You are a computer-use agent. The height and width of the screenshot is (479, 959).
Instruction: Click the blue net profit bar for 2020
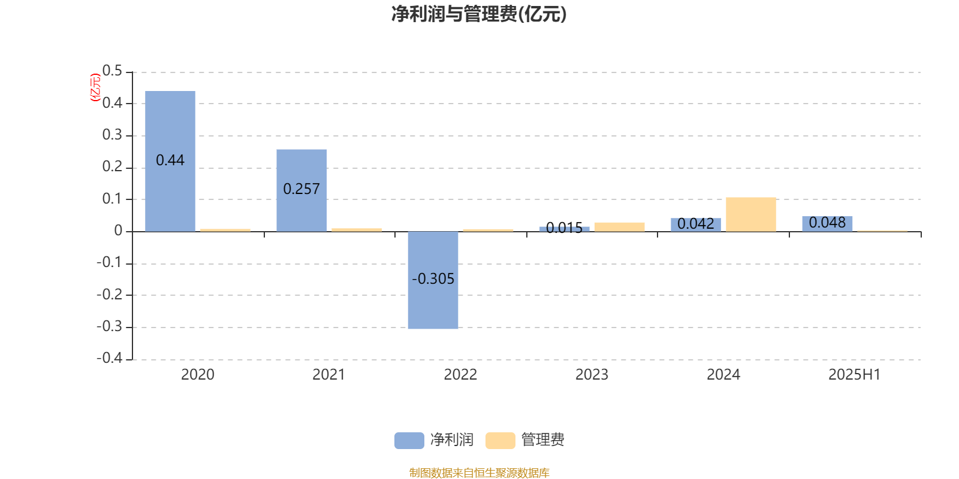point(170,161)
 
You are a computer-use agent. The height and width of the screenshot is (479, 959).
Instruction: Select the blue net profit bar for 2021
point(301,191)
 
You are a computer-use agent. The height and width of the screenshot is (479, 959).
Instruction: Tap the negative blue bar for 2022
point(433,280)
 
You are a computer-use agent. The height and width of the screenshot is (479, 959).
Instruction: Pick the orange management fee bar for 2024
point(751,215)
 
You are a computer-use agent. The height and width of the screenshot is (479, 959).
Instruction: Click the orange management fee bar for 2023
point(620,227)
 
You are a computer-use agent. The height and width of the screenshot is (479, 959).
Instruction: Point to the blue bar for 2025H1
point(827,224)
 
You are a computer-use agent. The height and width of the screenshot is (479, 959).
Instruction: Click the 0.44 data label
point(170,160)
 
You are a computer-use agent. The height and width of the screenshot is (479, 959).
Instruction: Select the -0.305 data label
point(433,279)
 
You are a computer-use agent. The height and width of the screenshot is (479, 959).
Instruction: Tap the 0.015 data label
point(564,228)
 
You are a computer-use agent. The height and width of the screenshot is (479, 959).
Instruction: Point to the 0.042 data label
point(696,224)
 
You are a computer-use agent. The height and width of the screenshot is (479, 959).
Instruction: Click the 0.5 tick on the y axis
point(112,71)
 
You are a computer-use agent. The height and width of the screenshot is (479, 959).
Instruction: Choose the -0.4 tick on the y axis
point(109,358)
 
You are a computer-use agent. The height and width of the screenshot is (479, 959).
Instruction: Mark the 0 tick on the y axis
point(118,231)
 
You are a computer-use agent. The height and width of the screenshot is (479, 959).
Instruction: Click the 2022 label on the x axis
point(460,375)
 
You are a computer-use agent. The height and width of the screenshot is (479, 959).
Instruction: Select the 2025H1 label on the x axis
point(855,375)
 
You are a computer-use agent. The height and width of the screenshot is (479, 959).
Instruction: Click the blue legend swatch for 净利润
point(409,441)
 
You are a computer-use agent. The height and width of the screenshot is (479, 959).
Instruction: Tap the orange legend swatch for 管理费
point(500,441)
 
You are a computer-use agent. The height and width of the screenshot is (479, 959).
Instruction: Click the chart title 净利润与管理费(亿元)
point(479,14)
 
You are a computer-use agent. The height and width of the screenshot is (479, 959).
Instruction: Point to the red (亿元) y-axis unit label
point(95,87)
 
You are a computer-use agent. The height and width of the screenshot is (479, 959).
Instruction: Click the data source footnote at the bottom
point(479,472)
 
